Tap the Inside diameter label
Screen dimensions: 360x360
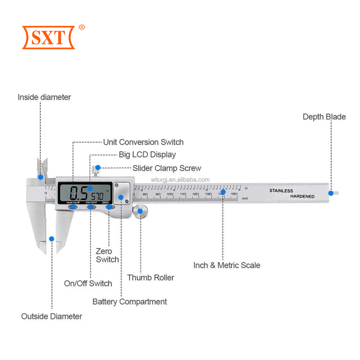[x=44, y=97]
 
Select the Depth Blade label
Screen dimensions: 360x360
[x=324, y=116]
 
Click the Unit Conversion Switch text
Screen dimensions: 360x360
[x=143, y=142]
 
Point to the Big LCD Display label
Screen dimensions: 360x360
[x=147, y=155]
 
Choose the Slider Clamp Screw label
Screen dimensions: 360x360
[x=166, y=168]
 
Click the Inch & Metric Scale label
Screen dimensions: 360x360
[x=226, y=265]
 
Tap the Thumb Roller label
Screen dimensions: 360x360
[x=150, y=277]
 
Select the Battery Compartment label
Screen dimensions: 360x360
[x=129, y=301]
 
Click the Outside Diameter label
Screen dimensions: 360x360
[x=51, y=316]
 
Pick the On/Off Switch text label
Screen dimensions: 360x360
[x=88, y=283]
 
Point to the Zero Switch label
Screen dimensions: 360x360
[x=107, y=255]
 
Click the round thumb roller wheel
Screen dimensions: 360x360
[x=140, y=211]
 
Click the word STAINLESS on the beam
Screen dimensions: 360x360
[x=281, y=190]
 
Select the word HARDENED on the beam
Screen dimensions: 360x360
[x=302, y=196]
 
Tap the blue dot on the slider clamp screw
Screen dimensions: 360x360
[x=98, y=168]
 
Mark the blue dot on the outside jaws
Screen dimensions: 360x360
[x=51, y=238]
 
